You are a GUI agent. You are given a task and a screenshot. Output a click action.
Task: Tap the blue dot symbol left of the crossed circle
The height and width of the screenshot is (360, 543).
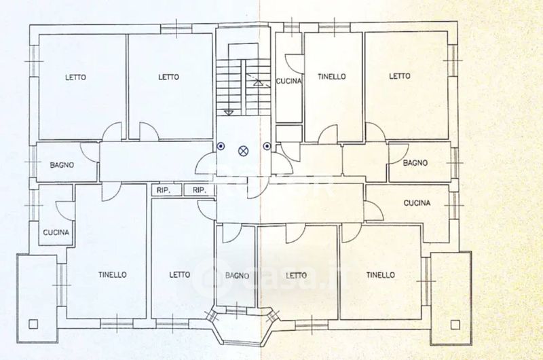coord(221,146)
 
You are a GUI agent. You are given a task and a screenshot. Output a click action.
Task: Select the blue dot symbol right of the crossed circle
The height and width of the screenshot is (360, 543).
coord(267,146)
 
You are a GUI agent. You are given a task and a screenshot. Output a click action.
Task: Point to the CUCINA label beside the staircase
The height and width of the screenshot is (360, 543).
coord(289,82)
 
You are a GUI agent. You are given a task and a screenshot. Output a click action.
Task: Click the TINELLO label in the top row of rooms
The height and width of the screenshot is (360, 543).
coord(331,77)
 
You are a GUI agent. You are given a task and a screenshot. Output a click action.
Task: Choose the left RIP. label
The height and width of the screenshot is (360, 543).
coord(163,190)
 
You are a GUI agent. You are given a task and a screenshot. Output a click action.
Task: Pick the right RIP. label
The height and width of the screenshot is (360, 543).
coord(199,190)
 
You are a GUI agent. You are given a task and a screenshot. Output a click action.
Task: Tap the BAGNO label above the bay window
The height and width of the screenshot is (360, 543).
coord(237,276)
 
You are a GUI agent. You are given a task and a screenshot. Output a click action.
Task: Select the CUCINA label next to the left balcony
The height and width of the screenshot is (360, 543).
coord(56,232)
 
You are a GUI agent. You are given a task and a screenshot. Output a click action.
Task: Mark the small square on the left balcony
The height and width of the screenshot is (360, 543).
coord(32,323)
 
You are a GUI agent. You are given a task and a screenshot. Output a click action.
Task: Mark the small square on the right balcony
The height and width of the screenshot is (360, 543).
coord(454,323)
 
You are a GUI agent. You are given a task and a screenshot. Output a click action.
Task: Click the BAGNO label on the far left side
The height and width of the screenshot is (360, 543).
coord(62,165)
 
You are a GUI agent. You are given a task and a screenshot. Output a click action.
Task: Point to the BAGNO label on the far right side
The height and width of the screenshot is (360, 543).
coord(415,163)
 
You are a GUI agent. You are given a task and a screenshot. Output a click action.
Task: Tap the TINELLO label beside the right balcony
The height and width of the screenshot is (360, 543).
coord(380,275)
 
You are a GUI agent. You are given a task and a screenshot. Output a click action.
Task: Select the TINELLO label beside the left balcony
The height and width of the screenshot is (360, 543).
coord(112,275)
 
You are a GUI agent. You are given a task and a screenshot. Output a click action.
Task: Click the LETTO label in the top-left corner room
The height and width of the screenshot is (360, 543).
coord(75,77)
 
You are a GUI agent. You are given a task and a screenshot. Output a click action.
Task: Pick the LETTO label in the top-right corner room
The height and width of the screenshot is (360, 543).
coord(400,76)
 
